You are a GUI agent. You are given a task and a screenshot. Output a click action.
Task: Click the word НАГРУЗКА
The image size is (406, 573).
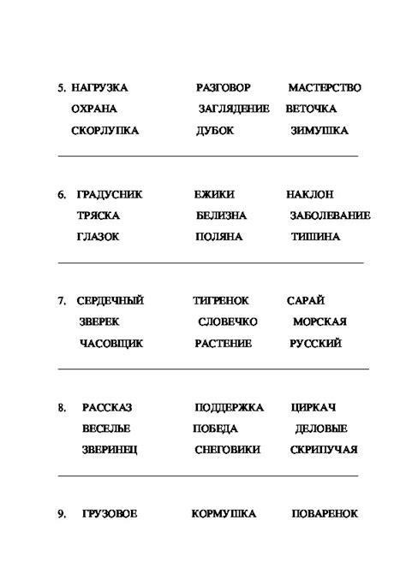pyautogui.click(x=100, y=88)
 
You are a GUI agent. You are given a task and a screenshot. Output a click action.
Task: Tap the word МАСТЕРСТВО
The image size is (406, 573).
pyautogui.click(x=325, y=88)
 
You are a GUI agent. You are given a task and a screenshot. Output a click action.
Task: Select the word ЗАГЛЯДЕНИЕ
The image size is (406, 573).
pyautogui.click(x=234, y=109)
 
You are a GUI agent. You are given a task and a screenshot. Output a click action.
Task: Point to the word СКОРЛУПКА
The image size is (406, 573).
pyautogui.click(x=105, y=131)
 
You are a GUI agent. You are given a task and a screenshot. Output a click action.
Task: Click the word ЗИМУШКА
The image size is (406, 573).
pyautogui.click(x=319, y=131)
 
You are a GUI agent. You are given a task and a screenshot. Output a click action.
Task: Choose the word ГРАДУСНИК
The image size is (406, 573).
pyautogui.click(x=109, y=194)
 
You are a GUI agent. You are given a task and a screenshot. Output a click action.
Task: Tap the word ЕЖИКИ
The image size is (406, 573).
pyautogui.click(x=214, y=194)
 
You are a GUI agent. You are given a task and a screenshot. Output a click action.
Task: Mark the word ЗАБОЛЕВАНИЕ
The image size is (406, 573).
pyautogui.click(x=330, y=216)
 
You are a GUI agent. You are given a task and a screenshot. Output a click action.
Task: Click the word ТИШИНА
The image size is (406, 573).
pyautogui.click(x=315, y=237)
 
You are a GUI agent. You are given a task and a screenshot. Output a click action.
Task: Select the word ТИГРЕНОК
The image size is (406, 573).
pyautogui.click(x=221, y=300)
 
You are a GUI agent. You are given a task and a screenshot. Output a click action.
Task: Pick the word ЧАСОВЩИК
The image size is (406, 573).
pyautogui.click(x=111, y=343)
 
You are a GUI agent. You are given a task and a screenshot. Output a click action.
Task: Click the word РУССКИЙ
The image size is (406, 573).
pyautogui.click(x=315, y=343)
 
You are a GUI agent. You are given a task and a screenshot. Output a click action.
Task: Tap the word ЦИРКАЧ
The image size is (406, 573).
pyautogui.click(x=313, y=407)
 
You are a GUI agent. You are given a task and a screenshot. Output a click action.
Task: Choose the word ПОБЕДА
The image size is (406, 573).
pyautogui.click(x=217, y=428)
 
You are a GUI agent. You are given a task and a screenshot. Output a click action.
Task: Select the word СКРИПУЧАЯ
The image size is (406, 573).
pyautogui.click(x=323, y=450)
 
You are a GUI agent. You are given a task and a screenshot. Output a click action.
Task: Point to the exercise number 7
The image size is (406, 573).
pyautogui.click(x=62, y=301)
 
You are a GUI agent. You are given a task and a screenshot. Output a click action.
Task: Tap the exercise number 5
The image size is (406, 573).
pyautogui.click(x=62, y=88)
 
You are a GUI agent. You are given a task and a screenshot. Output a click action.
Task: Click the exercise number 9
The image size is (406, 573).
pyautogui.click(x=62, y=514)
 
